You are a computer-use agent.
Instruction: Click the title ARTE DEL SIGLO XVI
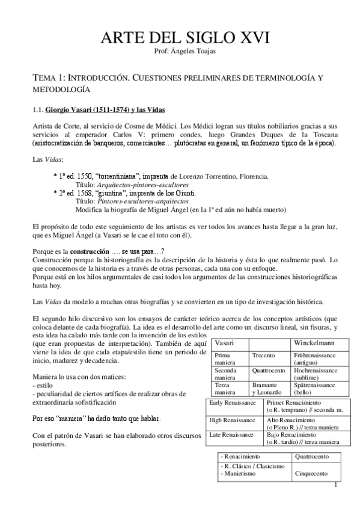pyautogui.click(x=180, y=40)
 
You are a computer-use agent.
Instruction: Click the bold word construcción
pyautogui.click(x=91, y=250)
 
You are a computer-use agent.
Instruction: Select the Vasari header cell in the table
pyautogui.click(x=225, y=342)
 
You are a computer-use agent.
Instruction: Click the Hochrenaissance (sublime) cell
pyautogui.click(x=316, y=373)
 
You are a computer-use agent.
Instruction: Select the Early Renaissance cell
pyautogui.click(x=232, y=402)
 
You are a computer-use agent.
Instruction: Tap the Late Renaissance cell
pyautogui.click(x=231, y=433)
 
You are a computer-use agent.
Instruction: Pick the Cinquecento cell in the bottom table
pyautogui.click(x=311, y=474)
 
